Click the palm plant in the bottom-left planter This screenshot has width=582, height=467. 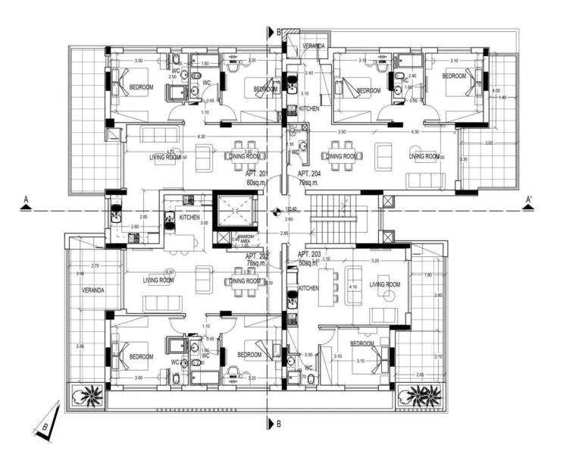pos(85,394)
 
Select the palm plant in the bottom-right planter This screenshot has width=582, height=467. pos(418,393)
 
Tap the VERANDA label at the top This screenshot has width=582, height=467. pos(314,46)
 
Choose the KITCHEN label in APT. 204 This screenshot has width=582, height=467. pos(309,109)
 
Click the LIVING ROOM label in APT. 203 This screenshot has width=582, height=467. pos(384,284)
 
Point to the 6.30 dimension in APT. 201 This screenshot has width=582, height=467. pos(201,136)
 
